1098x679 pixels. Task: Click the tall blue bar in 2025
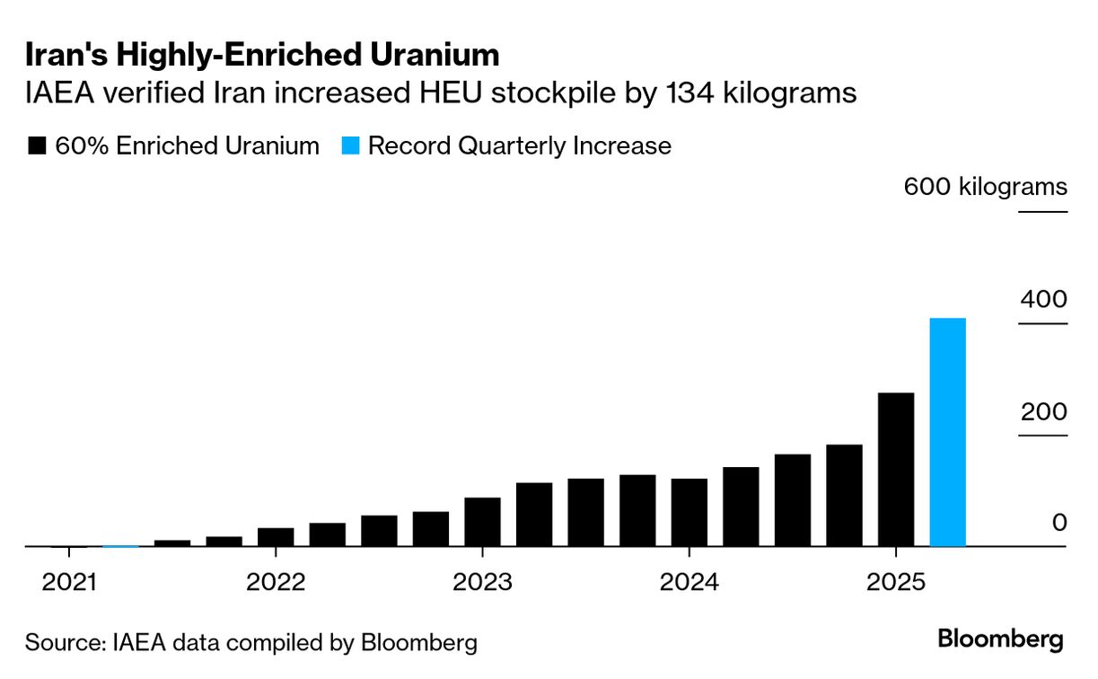[947, 432]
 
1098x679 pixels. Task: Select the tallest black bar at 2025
[895, 469]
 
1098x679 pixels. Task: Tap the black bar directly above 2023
[482, 521]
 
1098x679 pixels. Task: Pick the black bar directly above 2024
[689, 512]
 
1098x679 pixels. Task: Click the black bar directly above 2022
[276, 536]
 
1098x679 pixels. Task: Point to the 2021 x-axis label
[69, 582]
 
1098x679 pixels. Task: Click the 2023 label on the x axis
[482, 582]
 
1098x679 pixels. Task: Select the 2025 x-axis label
[895, 582]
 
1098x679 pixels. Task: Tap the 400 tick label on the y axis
[1043, 300]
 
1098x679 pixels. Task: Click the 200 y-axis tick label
[1043, 412]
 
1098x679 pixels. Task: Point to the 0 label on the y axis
[1059, 523]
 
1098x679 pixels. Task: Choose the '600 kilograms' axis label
[985, 187]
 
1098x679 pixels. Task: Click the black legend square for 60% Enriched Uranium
[38, 146]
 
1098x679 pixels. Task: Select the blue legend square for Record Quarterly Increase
[350, 146]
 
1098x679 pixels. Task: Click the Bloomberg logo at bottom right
[1000, 639]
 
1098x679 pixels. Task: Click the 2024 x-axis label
[689, 582]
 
